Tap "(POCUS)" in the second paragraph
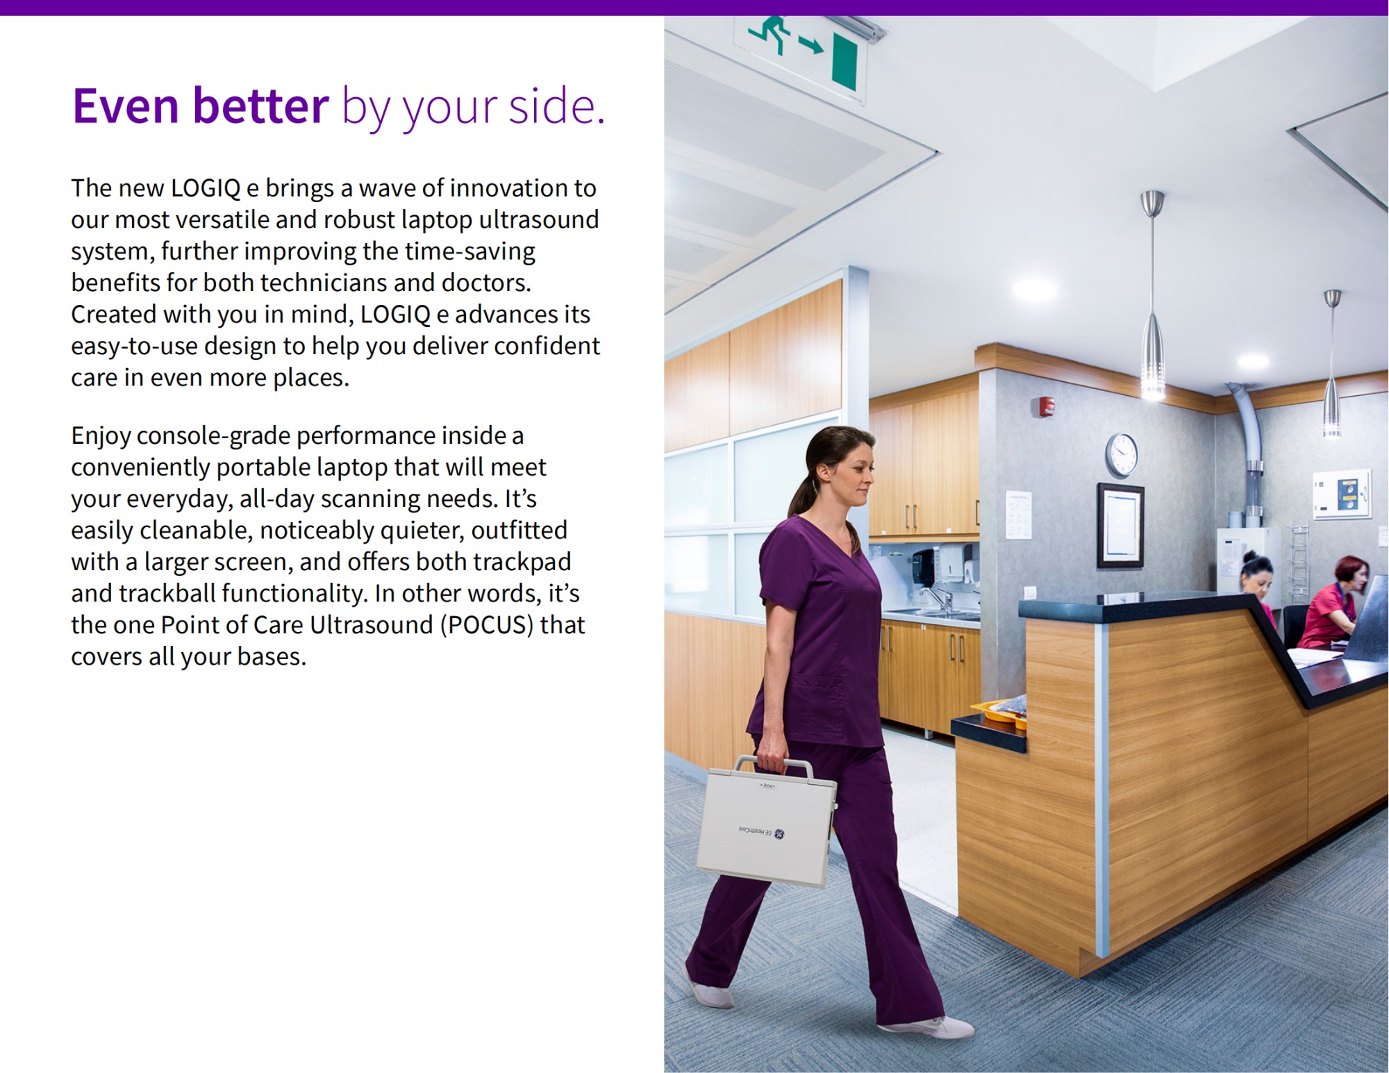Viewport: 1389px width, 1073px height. (x=487, y=625)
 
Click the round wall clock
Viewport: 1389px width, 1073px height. (x=1122, y=454)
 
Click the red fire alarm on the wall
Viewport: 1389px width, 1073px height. (x=1047, y=406)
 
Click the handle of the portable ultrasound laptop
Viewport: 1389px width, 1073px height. (x=774, y=765)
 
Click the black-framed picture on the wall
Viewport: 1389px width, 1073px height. (x=1120, y=526)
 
